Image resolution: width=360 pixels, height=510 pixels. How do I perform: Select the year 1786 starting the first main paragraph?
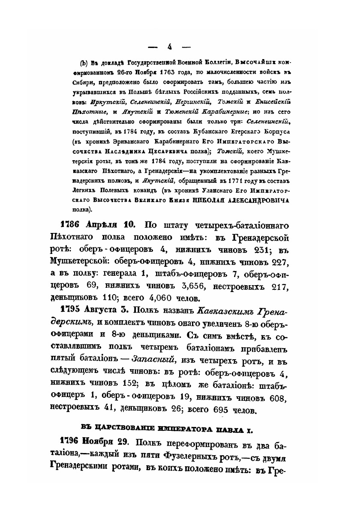click(x=69, y=224)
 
